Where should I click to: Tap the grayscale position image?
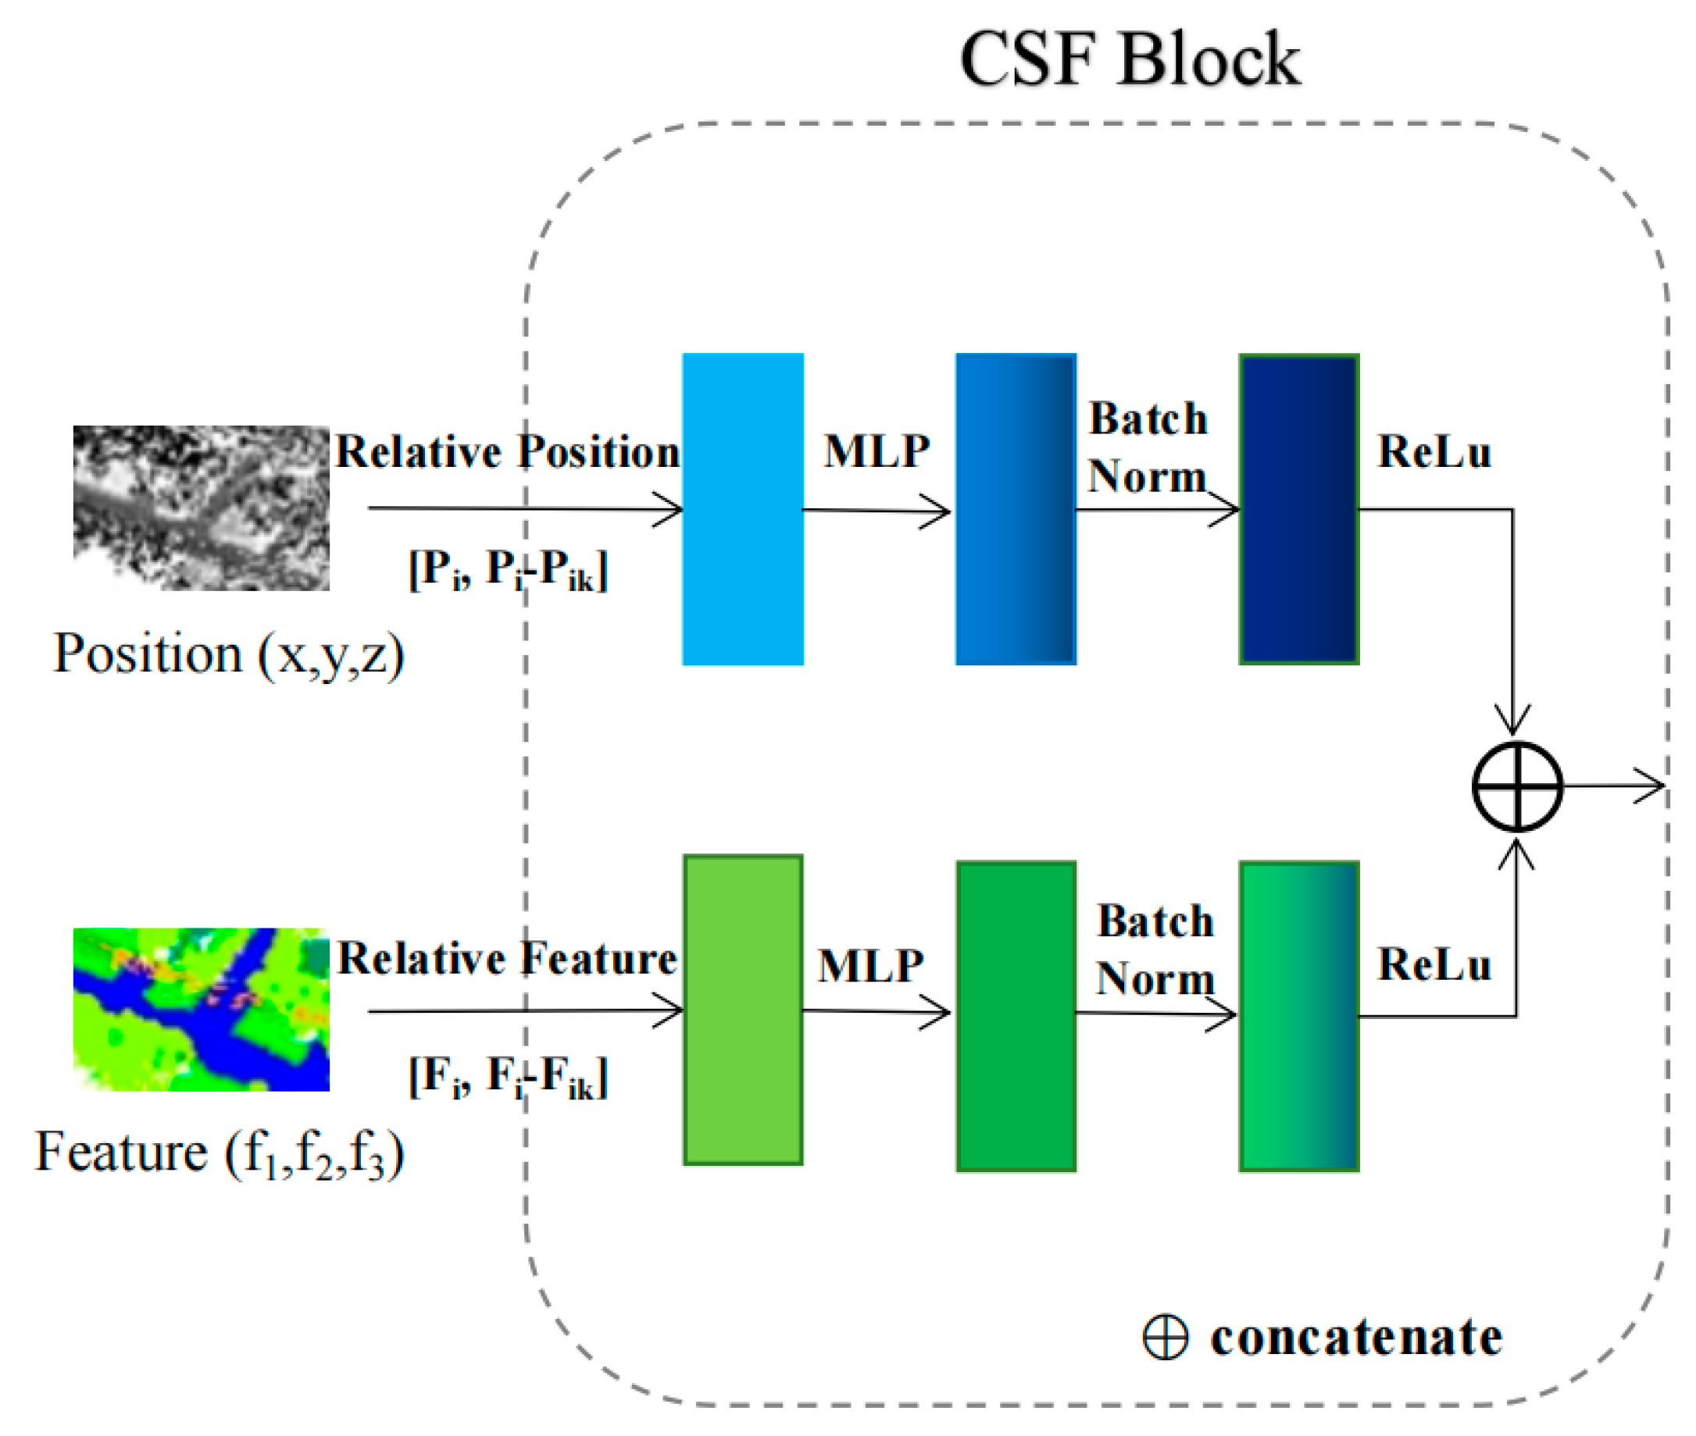pyautogui.click(x=201, y=508)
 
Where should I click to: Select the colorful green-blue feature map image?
pyautogui.click(x=201, y=1010)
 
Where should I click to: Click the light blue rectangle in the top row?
pyautogui.click(x=743, y=510)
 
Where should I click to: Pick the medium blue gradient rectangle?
pyautogui.click(x=1016, y=510)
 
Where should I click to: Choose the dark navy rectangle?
pyautogui.click(x=1298, y=510)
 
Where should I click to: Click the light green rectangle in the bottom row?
pyautogui.click(x=743, y=1010)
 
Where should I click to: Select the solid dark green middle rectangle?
pyautogui.click(x=1016, y=1017)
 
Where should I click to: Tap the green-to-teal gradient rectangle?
pyautogui.click(x=1298, y=1017)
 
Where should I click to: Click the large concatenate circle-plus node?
pyautogui.click(x=1517, y=786)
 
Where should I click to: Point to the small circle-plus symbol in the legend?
pyautogui.click(x=1165, y=1338)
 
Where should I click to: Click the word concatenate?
pyautogui.click(x=1355, y=1338)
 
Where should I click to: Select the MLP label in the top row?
pyautogui.click(x=876, y=451)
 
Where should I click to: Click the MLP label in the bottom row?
pyautogui.click(x=870, y=966)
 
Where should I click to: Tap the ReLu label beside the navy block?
pyautogui.click(x=1434, y=452)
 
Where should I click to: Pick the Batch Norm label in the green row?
pyautogui.click(x=1155, y=950)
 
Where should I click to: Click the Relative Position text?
pyautogui.click(x=507, y=452)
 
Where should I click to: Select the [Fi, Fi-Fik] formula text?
pyautogui.click(x=508, y=1077)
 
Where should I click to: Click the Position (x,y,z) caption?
pyautogui.click(x=228, y=654)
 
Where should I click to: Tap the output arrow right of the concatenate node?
pyautogui.click(x=1616, y=786)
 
